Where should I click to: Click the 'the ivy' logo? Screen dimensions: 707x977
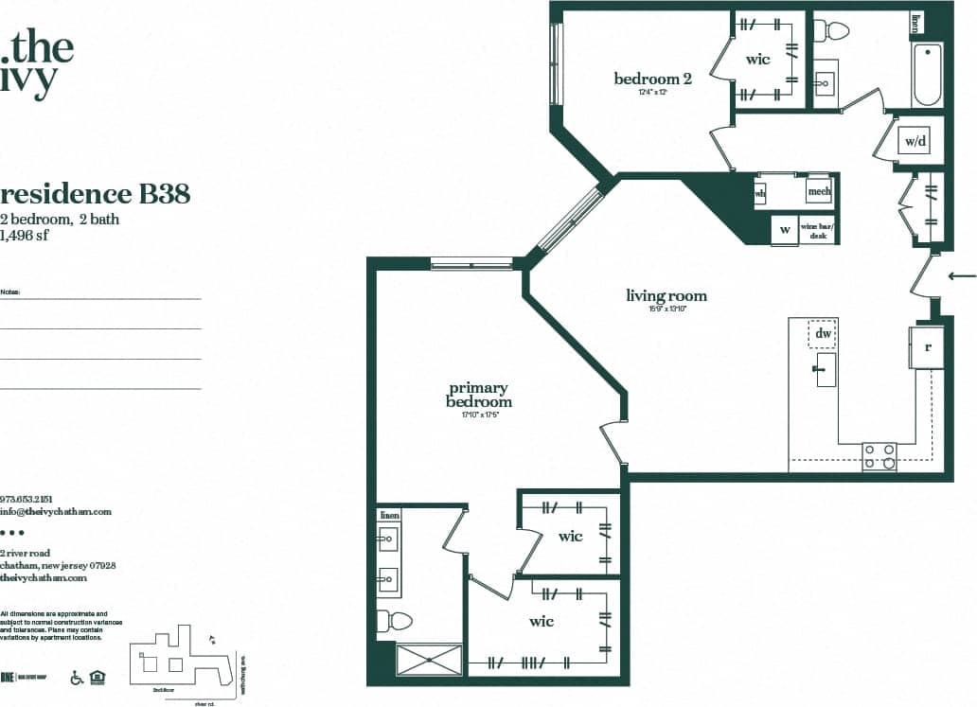[38, 62]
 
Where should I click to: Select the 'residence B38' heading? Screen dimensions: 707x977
[96, 194]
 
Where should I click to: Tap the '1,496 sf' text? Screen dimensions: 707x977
[25, 235]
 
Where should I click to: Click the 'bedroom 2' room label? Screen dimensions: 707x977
[652, 80]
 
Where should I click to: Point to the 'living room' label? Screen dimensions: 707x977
[666, 296]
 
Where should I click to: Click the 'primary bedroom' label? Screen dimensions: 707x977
[478, 395]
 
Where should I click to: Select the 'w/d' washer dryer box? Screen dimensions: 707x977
[915, 142]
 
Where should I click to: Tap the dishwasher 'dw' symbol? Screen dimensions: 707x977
[823, 334]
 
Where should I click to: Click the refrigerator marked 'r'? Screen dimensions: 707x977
[927, 346]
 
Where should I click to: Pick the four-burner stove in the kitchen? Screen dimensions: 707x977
[879, 456]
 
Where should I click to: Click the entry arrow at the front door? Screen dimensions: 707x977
[962, 276]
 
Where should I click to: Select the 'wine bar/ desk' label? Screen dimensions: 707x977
[819, 230]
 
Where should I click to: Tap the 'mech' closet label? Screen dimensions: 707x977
[818, 191]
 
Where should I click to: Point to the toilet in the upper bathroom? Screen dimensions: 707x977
[834, 31]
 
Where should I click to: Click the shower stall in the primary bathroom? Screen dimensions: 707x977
[429, 660]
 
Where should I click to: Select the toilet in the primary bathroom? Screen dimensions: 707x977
[395, 622]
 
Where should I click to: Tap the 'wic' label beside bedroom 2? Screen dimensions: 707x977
[757, 60]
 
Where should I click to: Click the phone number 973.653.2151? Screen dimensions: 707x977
[27, 498]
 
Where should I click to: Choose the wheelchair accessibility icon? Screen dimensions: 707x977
[77, 678]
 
